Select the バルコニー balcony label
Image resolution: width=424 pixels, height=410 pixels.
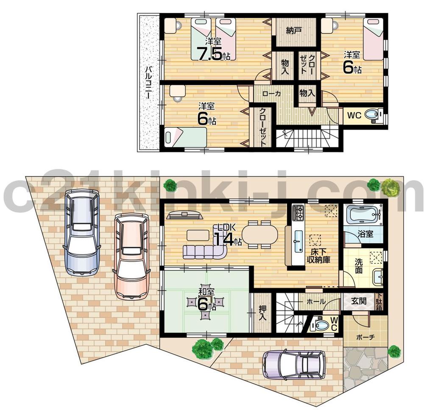[x=149, y=82]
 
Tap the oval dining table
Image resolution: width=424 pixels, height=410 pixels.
[x=259, y=234]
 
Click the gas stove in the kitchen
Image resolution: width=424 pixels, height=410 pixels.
[x=298, y=211]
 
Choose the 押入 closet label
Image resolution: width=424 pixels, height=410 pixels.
[x=262, y=312]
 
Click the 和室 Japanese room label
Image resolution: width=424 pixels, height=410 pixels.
[x=206, y=292]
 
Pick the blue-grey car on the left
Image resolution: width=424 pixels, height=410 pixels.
[x=81, y=232]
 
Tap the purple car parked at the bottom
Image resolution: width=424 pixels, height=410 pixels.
[x=294, y=364]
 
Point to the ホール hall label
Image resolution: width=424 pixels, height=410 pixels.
[x=317, y=302]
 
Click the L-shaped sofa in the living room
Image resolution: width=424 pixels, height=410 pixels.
[x=204, y=252]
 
